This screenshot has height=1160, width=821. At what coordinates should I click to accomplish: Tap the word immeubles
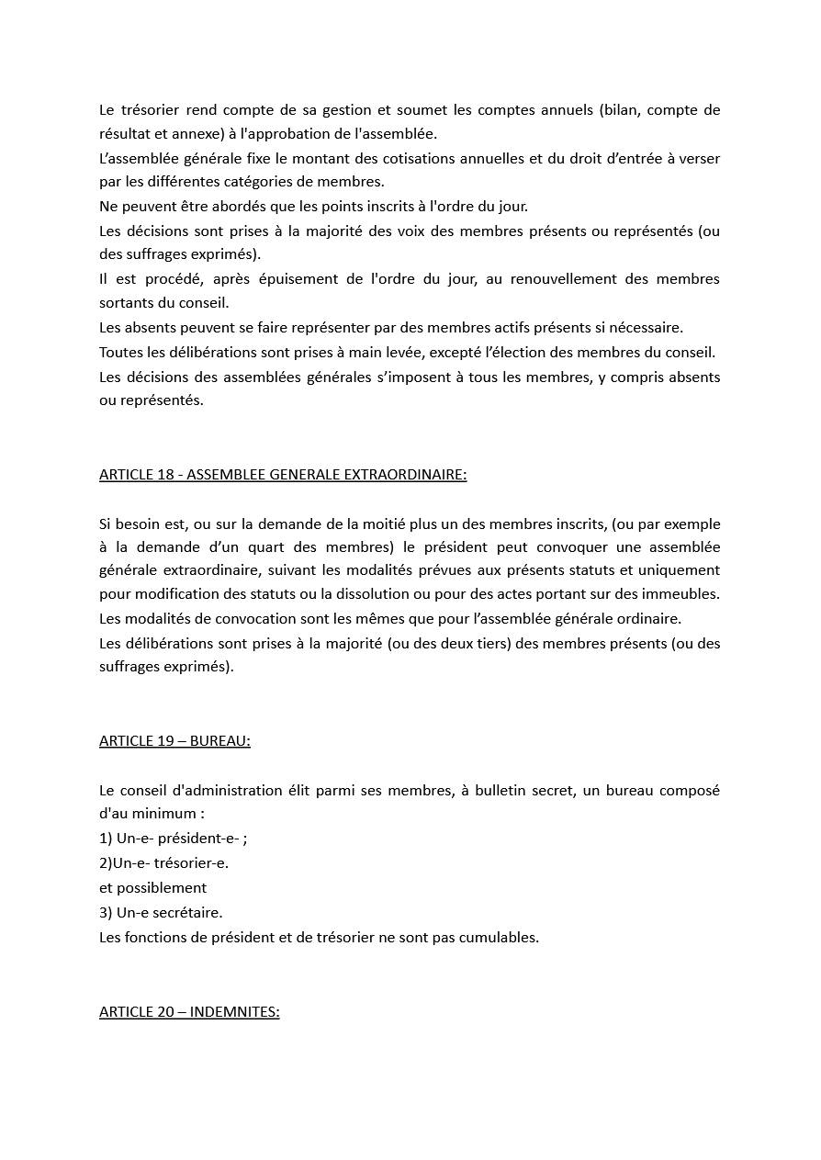[x=683, y=594]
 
